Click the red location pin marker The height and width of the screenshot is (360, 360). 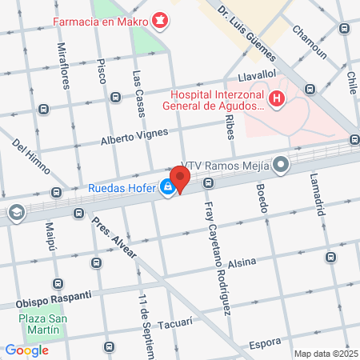(180, 177)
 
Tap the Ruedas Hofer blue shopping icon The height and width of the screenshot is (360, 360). (167, 188)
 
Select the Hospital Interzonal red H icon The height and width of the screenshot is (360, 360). (277, 99)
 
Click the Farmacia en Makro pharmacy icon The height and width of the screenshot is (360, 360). (160, 18)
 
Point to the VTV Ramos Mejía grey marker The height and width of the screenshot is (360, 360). (281, 166)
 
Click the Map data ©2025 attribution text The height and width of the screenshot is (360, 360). (325, 354)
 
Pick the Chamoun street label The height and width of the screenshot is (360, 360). (309, 43)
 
